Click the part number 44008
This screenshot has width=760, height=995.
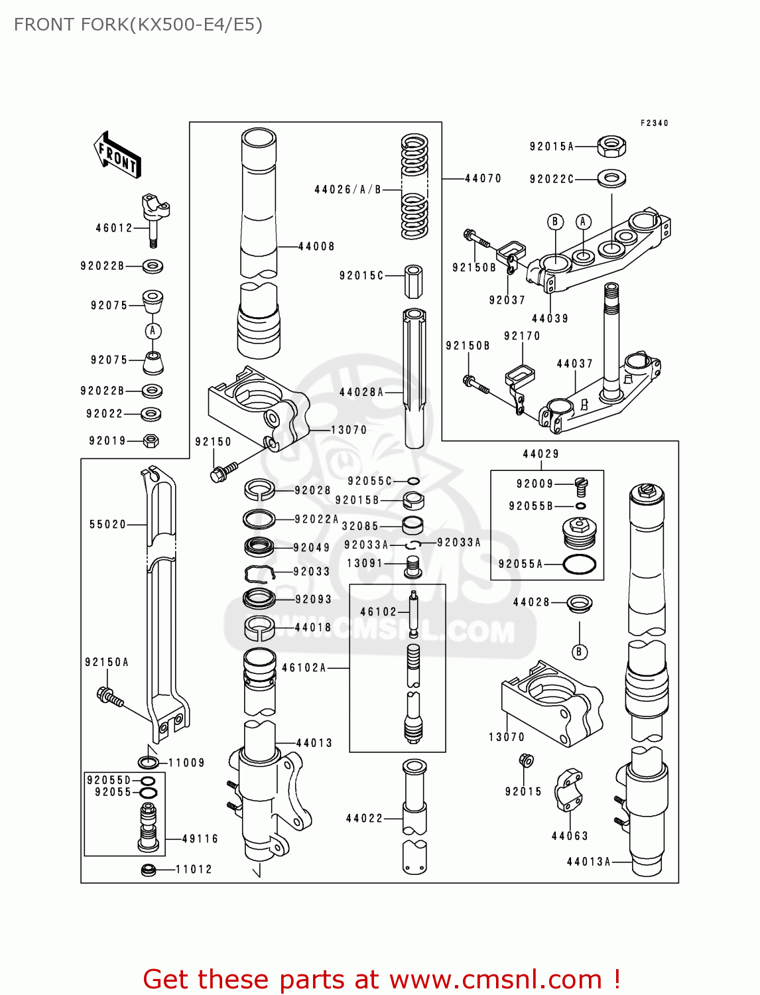316,247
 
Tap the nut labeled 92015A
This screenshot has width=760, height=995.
611,146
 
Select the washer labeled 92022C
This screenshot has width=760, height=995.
611,178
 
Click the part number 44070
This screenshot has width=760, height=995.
483,178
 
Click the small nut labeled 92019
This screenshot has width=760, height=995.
151,440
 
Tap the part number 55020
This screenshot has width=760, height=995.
107,525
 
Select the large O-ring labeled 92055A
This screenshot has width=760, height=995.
580,564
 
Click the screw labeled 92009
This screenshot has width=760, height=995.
582,486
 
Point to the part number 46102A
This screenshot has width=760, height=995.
304,668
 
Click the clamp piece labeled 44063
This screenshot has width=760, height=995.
568,791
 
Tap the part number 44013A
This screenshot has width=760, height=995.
588,862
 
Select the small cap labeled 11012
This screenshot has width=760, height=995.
149,869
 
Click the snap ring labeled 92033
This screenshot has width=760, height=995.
260,572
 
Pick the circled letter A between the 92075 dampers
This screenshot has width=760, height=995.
153,330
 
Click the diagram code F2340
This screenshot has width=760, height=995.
654,123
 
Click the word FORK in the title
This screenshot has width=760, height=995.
105,25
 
